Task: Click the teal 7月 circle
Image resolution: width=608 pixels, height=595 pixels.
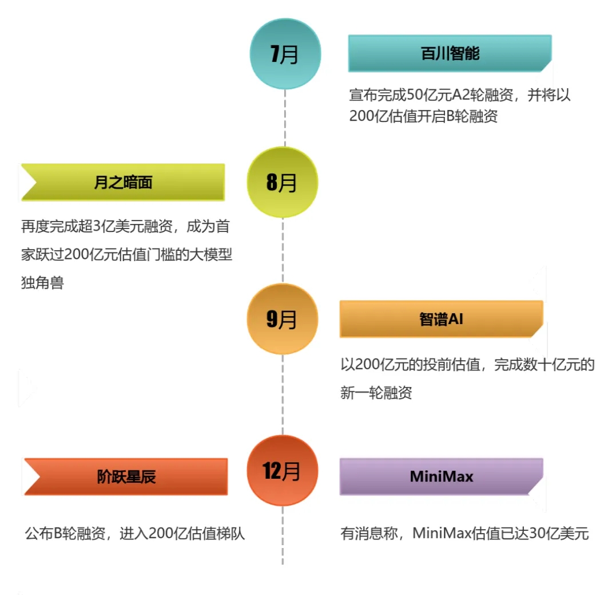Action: tap(284, 54)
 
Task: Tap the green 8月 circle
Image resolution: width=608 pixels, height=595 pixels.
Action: tap(282, 182)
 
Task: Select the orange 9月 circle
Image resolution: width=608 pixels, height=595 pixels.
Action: tap(282, 319)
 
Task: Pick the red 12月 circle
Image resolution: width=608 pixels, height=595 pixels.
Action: tap(282, 470)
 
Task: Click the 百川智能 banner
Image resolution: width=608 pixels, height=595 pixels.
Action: tap(450, 54)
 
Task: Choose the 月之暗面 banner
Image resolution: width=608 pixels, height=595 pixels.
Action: tap(123, 183)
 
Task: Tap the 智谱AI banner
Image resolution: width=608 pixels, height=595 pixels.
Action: tap(441, 319)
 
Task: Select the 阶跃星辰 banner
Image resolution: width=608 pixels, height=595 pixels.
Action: tap(126, 476)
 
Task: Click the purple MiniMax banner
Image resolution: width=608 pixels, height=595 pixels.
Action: tap(441, 476)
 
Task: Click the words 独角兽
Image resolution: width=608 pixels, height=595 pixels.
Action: tap(42, 282)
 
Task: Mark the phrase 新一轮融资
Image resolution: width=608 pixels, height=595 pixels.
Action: tap(376, 393)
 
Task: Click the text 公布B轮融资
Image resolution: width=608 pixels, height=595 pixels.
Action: tap(65, 534)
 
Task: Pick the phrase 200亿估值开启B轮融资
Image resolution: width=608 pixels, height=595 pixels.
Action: tap(423, 116)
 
